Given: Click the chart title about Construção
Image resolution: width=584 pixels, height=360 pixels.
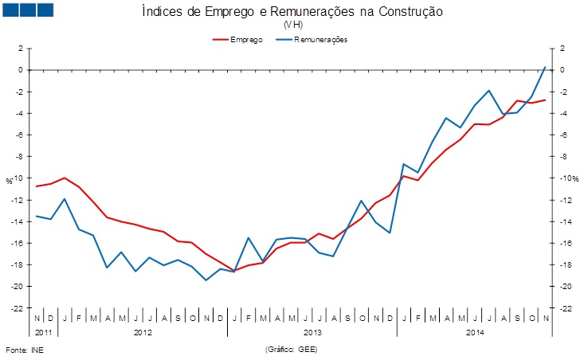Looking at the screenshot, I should coord(292,11).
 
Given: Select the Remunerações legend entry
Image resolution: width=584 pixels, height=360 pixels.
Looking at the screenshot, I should coord(319,39).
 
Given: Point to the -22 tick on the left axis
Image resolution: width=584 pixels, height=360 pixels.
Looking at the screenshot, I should coord(18,308).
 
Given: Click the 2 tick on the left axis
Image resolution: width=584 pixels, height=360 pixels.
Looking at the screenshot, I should coord(21,49).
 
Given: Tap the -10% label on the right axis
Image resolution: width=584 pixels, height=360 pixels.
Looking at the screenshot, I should coord(569,178).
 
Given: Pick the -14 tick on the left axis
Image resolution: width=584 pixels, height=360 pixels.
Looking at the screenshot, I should coord(18,221).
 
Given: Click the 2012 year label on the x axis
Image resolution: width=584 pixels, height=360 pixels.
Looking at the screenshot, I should coord(143,331).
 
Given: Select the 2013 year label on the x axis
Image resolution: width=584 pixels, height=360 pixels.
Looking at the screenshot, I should coord(312,331).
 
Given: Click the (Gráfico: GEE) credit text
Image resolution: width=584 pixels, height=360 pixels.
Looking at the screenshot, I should coord(291,350).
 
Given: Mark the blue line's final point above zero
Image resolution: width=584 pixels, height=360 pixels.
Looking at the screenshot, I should coord(545,67).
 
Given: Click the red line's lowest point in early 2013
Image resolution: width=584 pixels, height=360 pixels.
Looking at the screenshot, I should coord(234,270).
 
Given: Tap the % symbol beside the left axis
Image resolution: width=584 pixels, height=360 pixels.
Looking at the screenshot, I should coord(10,181).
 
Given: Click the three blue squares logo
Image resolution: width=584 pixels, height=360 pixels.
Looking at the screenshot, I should coord(28,10).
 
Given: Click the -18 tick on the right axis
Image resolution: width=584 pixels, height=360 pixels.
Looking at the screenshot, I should coord(567,265).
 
